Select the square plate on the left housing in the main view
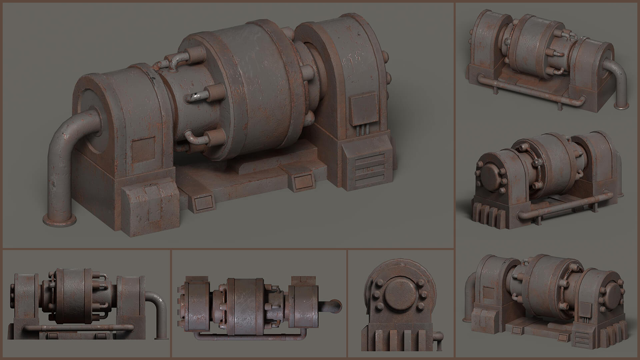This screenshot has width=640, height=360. (x=143, y=150)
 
